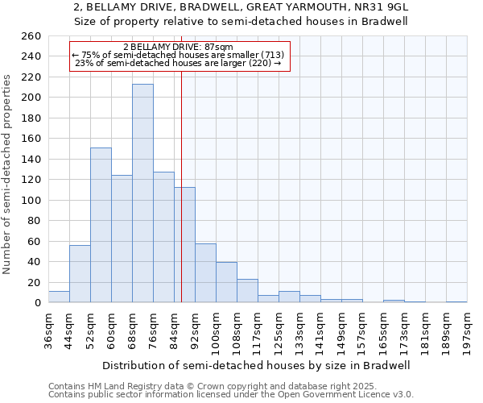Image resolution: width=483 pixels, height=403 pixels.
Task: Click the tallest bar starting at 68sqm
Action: click(142, 193)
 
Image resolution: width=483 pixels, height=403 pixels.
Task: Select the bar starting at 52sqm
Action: click(101, 225)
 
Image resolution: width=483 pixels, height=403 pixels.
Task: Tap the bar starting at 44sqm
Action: click(80, 274)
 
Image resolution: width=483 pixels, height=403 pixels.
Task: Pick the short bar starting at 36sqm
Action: click(59, 297)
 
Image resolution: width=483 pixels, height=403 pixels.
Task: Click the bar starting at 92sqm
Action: click(205, 273)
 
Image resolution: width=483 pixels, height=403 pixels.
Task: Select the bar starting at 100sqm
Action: click(226, 282)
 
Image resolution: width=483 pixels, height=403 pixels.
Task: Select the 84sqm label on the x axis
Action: click(175, 328)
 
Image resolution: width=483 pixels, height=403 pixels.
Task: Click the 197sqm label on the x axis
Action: click(468, 328)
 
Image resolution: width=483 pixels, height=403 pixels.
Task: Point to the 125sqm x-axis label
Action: click(279, 330)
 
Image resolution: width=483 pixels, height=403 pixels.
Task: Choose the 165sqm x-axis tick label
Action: click(384, 330)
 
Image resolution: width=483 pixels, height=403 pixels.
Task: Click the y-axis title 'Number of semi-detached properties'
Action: click(8, 174)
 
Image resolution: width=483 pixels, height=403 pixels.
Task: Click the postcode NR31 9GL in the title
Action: click(380, 6)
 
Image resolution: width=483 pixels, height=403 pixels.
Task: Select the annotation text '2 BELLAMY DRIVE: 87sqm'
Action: click(178, 47)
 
